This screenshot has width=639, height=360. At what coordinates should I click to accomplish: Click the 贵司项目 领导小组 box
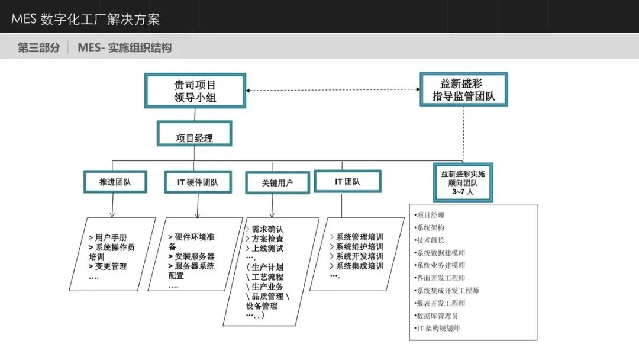tap(195, 91)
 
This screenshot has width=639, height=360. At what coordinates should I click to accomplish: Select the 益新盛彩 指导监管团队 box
tap(464, 89)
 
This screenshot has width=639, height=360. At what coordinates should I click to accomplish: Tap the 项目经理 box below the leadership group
tap(195, 133)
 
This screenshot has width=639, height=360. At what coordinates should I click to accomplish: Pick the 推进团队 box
tap(115, 182)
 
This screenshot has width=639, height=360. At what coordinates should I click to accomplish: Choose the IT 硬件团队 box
tap(198, 182)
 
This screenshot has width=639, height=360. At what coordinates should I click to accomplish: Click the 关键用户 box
tap(277, 182)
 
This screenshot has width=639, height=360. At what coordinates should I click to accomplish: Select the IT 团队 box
tap(348, 181)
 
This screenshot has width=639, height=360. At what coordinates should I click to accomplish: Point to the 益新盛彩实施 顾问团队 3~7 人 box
tap(463, 182)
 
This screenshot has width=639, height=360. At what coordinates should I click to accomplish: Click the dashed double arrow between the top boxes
tap(333, 89)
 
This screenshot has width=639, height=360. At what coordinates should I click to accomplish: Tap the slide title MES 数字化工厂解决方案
tap(86, 19)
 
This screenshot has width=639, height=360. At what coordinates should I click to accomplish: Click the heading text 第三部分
tap(38, 48)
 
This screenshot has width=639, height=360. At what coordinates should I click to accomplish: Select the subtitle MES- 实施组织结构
tap(125, 48)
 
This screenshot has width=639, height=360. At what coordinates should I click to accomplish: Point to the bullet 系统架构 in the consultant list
tap(430, 227)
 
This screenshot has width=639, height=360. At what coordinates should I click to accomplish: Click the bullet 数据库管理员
tap(436, 316)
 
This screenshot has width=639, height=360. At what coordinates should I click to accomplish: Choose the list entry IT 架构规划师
tap(437, 328)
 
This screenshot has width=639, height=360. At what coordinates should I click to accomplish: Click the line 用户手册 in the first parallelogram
tap(108, 237)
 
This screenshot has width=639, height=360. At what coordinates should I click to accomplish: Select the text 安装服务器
tap(192, 256)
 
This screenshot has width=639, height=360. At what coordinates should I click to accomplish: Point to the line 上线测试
tap(265, 248)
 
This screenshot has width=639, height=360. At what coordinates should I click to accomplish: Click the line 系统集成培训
tap(357, 266)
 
